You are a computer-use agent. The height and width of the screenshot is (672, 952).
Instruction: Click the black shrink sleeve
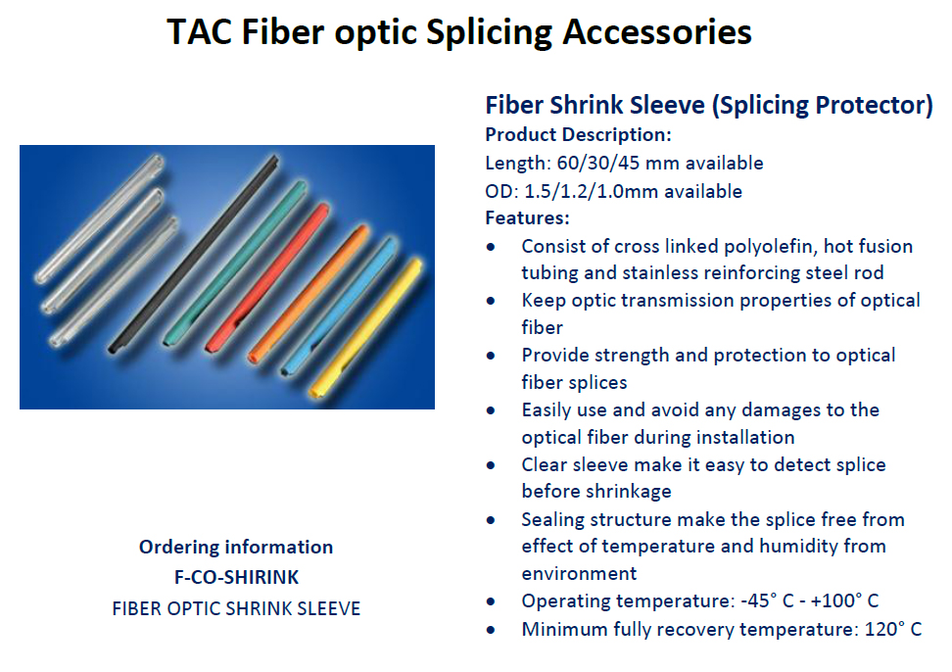[193, 255]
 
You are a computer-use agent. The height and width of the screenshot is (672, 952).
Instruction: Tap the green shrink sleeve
[234, 264]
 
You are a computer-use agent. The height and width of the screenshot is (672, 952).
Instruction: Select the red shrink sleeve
[267, 278]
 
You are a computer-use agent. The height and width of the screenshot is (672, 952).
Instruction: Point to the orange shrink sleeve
[309, 295]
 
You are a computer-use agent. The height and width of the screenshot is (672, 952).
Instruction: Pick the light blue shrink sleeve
[339, 306]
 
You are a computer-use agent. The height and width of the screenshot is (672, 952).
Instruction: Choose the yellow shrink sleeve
[366, 328]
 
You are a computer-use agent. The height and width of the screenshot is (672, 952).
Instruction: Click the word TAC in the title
[199, 31]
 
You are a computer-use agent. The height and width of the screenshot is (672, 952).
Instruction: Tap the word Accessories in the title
[657, 31]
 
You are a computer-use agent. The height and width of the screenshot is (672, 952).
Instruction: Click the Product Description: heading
[578, 134]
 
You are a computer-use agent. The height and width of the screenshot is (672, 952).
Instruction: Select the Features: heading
[527, 217]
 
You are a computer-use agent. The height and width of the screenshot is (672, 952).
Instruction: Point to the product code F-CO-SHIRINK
[236, 577]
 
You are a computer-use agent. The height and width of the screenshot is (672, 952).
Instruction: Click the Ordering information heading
[236, 547]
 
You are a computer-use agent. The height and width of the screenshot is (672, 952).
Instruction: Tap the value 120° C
[893, 629]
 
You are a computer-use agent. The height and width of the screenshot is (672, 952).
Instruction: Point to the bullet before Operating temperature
[491, 602]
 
